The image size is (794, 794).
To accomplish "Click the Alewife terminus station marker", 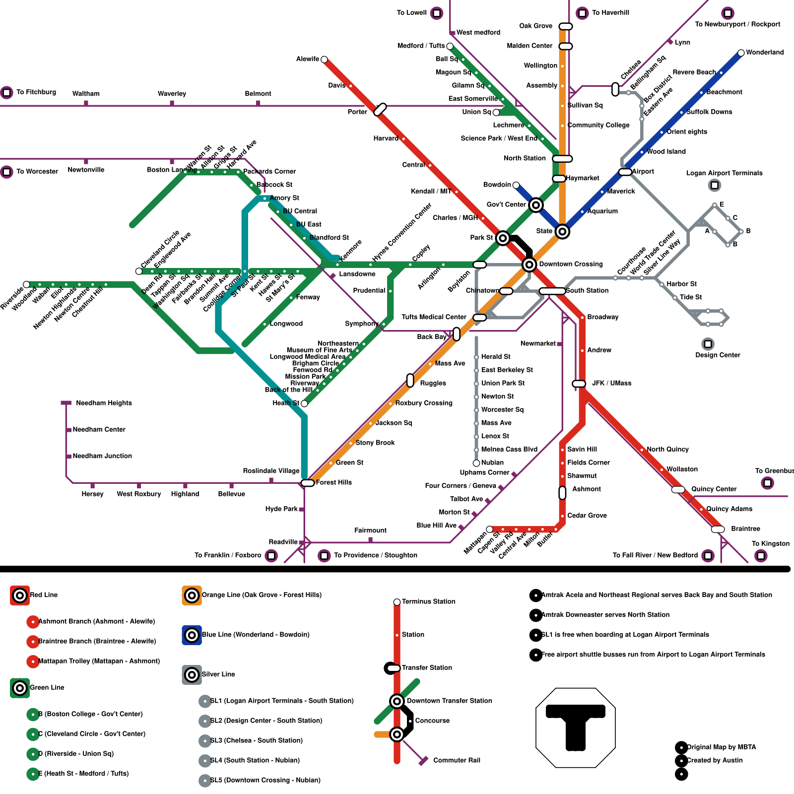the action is point(324,60).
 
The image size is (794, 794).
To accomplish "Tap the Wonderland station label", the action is point(764,52).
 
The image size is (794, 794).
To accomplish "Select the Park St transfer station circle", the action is point(503,238).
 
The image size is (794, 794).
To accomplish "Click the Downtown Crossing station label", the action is point(571,264).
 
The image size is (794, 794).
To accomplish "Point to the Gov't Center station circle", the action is point(535,205).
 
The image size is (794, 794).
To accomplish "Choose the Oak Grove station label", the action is point(535,26).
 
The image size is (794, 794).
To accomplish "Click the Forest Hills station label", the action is point(333,482).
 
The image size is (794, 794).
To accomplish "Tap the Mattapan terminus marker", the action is point(489,529).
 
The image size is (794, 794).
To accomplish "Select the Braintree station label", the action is point(745,529).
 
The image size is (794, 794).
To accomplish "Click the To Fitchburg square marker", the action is point(6,92).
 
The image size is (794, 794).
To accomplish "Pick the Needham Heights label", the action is point(104,403).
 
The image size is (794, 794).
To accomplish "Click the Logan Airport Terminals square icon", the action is point(715,185).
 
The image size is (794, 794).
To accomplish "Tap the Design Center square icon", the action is point(708,344).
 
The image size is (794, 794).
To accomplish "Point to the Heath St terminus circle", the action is point(304,404).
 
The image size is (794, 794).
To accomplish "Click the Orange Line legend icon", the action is point(192,595).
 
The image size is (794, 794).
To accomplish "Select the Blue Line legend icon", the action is point(192,635).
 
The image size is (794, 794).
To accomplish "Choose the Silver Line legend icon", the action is point(192,675).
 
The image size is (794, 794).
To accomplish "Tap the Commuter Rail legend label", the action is point(457,760).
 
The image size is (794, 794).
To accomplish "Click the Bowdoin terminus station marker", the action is point(516,185).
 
